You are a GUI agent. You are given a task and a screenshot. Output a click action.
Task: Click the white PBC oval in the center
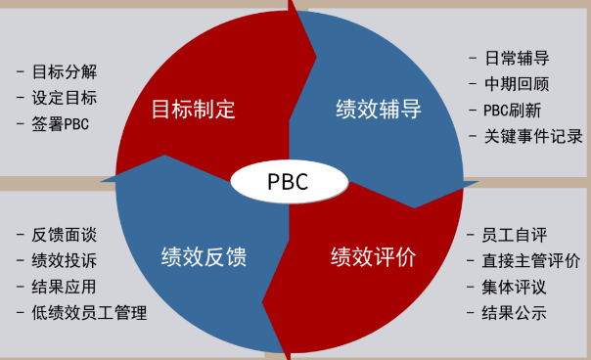pyautogui.click(x=289, y=181)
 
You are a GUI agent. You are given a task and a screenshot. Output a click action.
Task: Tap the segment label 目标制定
pyautogui.click(x=194, y=110)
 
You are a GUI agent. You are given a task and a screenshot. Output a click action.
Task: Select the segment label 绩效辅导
pyautogui.click(x=379, y=110)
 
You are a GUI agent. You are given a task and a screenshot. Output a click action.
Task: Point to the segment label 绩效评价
pyautogui.click(x=373, y=257)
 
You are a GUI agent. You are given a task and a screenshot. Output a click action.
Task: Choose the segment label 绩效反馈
pyautogui.click(x=204, y=257)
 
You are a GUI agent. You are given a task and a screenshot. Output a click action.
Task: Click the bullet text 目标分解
pyautogui.click(x=65, y=71)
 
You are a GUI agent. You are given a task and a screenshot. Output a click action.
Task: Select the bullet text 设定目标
pyautogui.click(x=65, y=98)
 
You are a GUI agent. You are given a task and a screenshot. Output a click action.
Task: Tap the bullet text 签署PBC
pyautogui.click(x=61, y=124)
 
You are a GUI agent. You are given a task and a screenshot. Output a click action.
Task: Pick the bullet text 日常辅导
pyautogui.click(x=517, y=59)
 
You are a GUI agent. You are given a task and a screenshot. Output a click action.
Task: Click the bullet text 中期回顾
pyautogui.click(x=517, y=84)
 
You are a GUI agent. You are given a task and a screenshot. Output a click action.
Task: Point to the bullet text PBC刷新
pyautogui.click(x=512, y=111)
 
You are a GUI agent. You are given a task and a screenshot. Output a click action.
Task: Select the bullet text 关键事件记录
pyautogui.click(x=533, y=136)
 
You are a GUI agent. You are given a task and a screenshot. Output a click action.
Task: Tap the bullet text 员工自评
pyautogui.click(x=514, y=235)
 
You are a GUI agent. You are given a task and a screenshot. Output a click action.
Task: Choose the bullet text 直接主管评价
pyautogui.click(x=530, y=261)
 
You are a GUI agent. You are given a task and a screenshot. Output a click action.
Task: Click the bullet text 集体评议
pyautogui.click(x=514, y=287)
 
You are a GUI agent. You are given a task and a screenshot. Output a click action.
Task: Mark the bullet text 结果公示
pyautogui.click(x=514, y=313)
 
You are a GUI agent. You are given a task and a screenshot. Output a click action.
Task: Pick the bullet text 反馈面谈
pyautogui.click(x=65, y=235)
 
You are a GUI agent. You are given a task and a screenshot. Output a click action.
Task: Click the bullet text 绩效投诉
pyautogui.click(x=65, y=261)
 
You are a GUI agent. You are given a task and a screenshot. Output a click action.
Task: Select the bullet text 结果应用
pyautogui.click(x=65, y=287)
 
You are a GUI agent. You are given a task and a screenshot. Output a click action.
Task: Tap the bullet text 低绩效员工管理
pyautogui.click(x=89, y=313)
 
